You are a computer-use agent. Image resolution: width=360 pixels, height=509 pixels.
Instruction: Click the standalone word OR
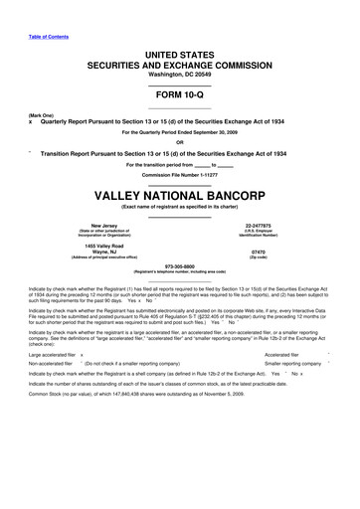(x=180, y=141)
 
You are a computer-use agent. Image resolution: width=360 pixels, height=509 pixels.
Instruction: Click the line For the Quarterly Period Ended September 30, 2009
(x=180, y=132)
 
